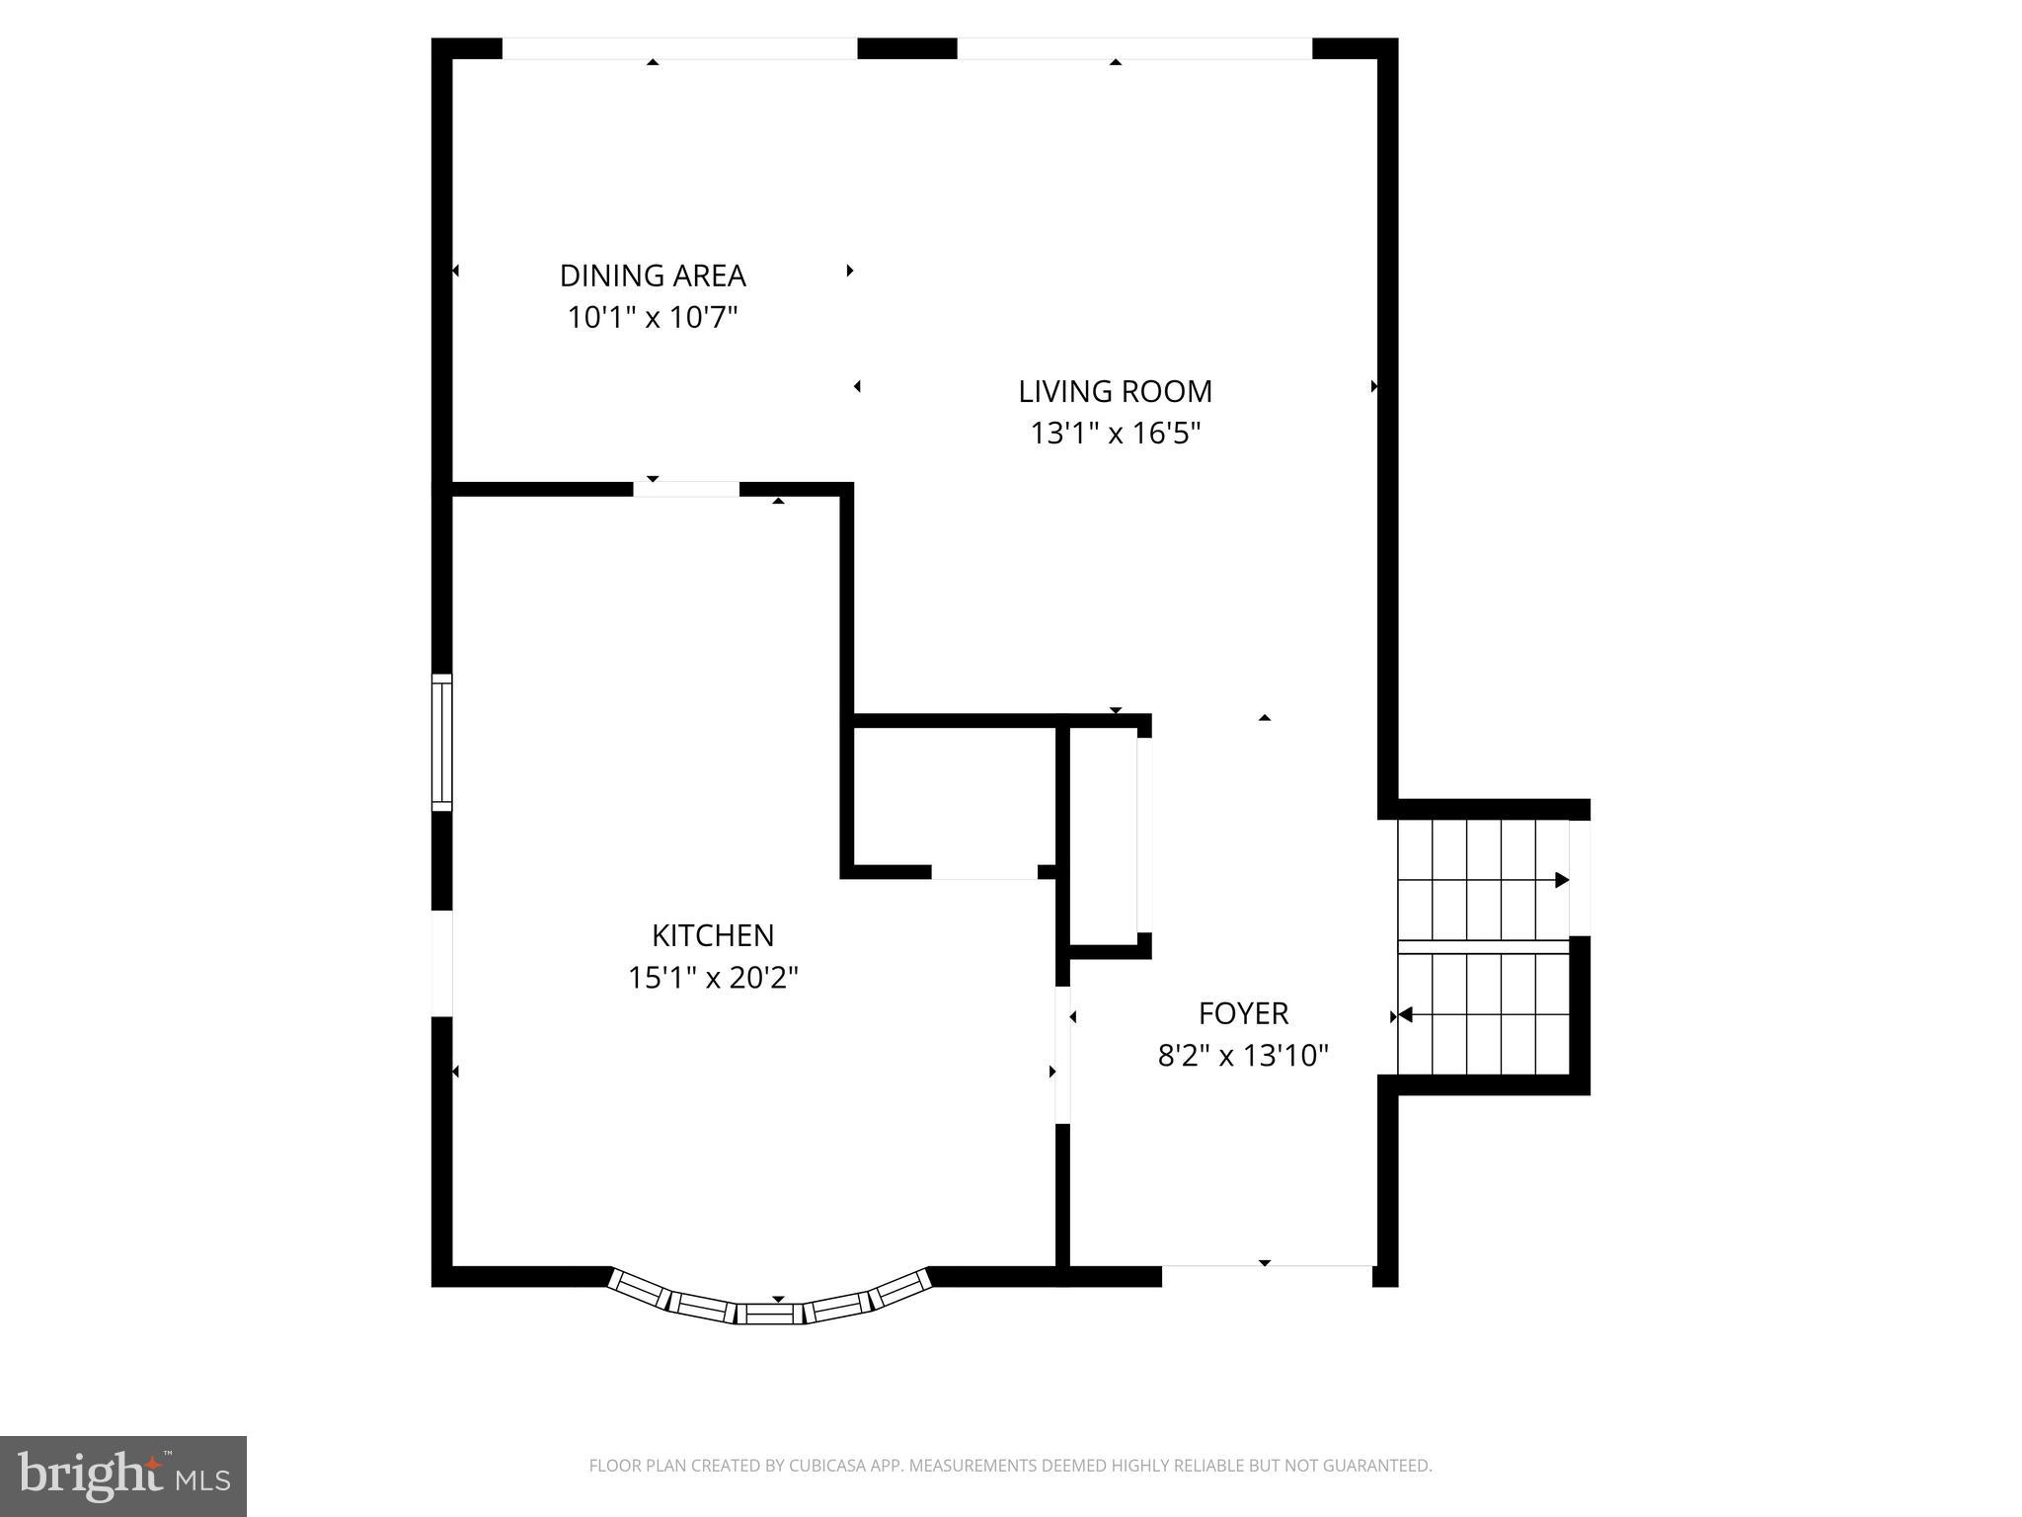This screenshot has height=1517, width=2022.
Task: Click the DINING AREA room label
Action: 653,276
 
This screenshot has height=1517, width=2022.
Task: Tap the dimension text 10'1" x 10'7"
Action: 653,318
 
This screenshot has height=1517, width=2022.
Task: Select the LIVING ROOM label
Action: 1115,392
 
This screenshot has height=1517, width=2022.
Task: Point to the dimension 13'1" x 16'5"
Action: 1115,434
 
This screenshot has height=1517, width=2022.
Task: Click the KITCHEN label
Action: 713,935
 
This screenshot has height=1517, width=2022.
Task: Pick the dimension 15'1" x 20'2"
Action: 713,978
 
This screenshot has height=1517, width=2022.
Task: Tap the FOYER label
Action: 1243,1013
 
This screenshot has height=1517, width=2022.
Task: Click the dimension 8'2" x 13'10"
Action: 1243,1056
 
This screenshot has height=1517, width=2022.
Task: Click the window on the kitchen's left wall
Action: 442,743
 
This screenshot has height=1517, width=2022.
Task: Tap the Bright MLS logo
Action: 122,1476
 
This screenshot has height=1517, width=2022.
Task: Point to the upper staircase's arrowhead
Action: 1561,880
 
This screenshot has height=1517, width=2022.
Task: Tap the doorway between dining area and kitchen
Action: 686,489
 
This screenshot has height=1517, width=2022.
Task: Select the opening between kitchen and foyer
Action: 1063,1054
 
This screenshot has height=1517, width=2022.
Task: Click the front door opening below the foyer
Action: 1267,1275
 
